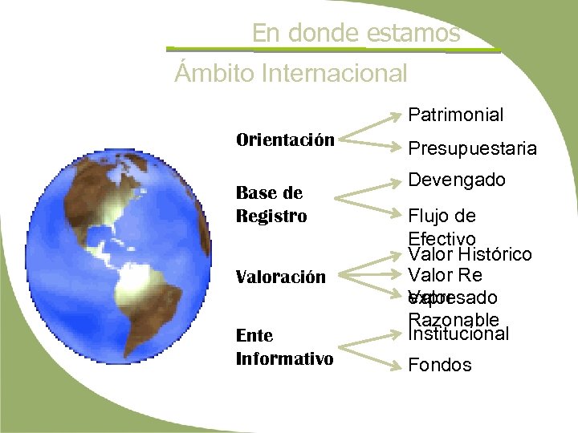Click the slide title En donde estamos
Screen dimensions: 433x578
356,33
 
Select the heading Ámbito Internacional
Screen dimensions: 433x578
291,74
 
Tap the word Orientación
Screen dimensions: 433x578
285,140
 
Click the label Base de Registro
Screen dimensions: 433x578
271,204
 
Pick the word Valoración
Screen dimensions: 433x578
280,277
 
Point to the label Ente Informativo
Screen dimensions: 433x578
284,346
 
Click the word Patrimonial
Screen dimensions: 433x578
455,115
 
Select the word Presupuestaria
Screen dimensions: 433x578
472,148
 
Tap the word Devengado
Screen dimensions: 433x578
457,180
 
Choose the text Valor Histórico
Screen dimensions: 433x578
469,254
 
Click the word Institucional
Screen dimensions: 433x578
458,334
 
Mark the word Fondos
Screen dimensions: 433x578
440,365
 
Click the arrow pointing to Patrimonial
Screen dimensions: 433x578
371,126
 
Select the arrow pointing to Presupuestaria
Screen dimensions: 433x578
371,144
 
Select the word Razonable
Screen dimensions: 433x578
454,320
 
